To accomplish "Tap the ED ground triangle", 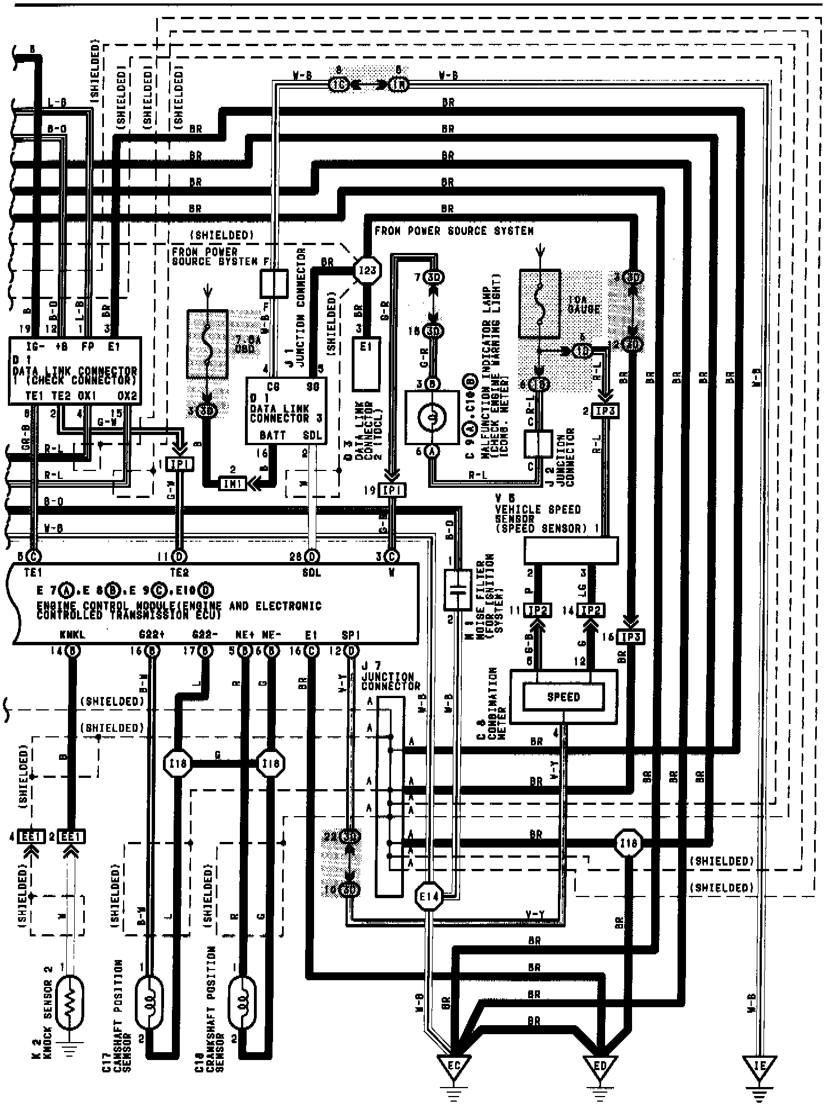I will click(x=600, y=1064).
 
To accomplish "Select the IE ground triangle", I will click(x=760, y=1064).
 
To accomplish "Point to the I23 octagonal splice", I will click(x=367, y=270).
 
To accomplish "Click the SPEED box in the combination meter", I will click(x=563, y=697).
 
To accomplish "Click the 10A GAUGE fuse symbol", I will click(x=539, y=304).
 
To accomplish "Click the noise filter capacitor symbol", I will click(x=457, y=590).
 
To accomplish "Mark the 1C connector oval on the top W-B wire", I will click(x=338, y=85).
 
